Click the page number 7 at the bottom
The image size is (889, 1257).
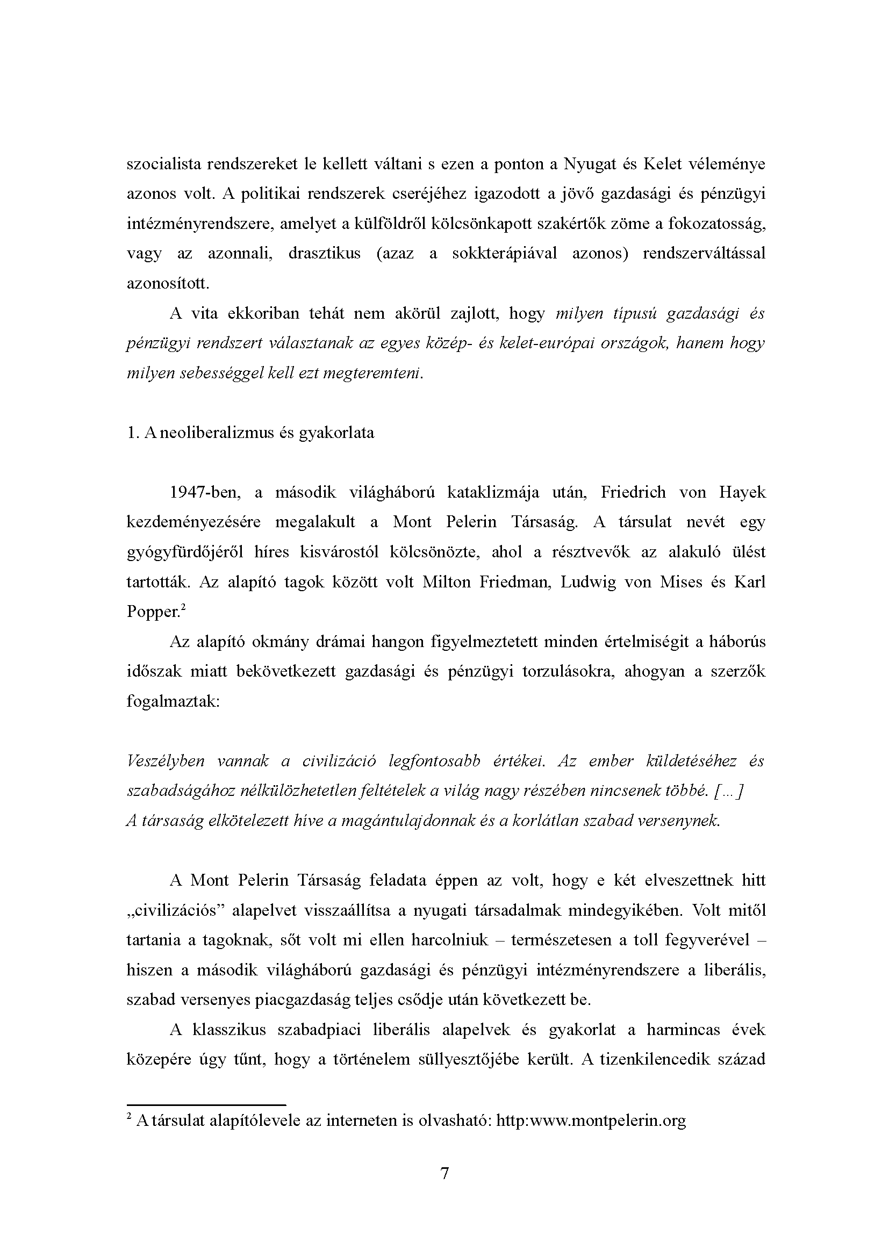click(x=444, y=1174)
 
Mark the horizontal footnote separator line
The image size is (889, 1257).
click(x=206, y=1105)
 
